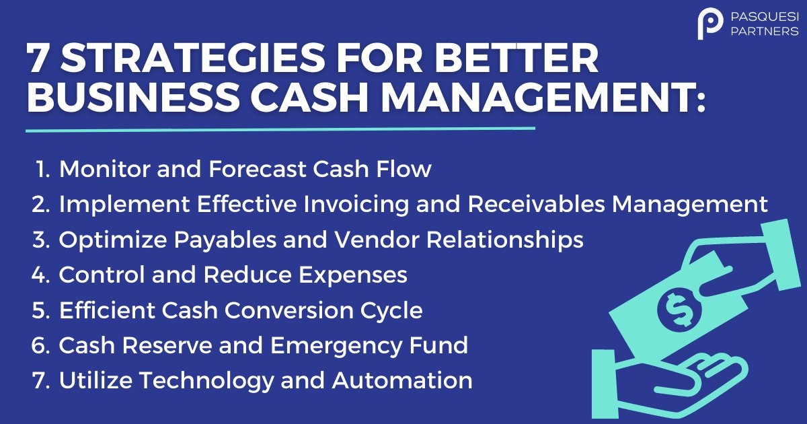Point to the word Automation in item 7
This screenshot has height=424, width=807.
coord(401,380)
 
